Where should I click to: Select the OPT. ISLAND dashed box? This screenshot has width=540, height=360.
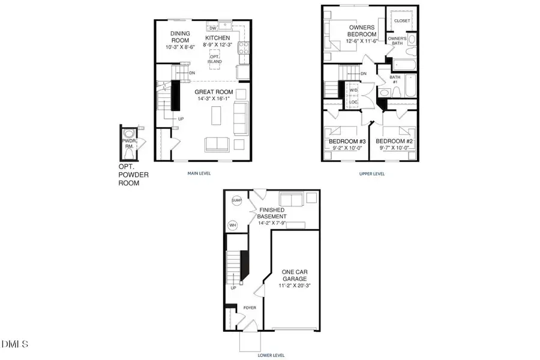[x=214, y=59]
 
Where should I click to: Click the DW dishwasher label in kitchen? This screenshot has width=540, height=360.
[x=212, y=28]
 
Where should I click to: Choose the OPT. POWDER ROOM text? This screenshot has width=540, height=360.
[x=133, y=175]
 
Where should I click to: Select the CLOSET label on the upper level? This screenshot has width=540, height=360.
[x=403, y=20]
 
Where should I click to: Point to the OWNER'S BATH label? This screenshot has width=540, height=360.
[x=397, y=41]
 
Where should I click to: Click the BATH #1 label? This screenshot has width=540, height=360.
[x=395, y=79]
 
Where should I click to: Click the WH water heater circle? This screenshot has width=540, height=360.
[x=233, y=226]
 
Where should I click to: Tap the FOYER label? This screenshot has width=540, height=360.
[x=249, y=308]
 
